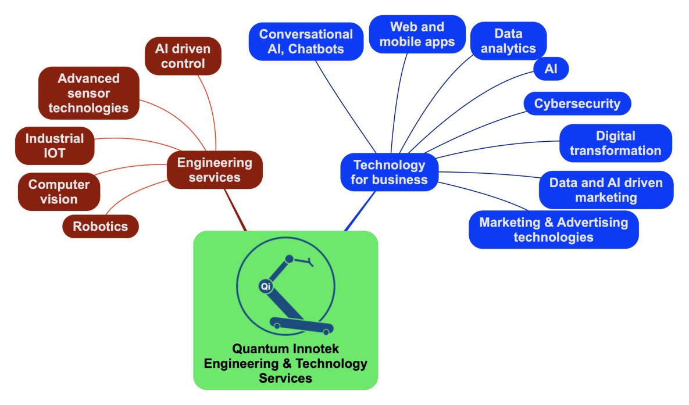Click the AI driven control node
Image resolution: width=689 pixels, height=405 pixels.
(183, 56)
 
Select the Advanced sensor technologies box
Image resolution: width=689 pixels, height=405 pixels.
(88, 93)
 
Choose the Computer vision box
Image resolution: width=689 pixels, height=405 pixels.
(59, 192)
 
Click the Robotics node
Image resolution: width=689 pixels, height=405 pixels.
(100, 226)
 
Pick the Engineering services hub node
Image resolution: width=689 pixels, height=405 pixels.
(215, 170)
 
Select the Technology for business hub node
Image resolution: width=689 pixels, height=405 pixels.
(389, 172)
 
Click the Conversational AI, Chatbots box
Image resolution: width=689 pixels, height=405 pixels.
(306, 41)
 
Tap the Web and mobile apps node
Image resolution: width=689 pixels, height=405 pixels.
(417, 34)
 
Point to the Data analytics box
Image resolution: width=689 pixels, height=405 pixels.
(508, 41)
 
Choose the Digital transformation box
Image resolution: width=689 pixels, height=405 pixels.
(615, 143)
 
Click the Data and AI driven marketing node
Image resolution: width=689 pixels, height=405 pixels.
(606, 190)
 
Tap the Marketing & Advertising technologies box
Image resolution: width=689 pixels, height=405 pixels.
(553, 230)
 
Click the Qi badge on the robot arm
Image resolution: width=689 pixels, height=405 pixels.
(265, 286)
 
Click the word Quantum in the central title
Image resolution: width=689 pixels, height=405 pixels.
(259, 349)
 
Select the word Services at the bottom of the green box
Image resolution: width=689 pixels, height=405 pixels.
(285, 378)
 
